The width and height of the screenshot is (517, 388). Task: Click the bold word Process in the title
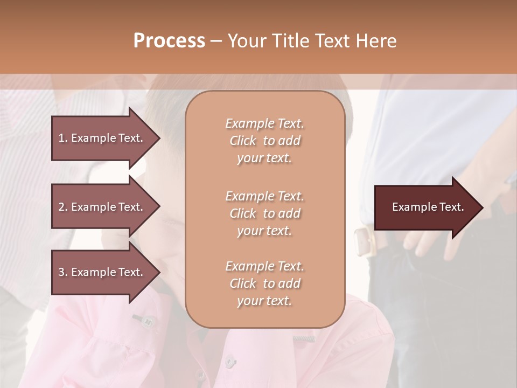pyautogui.click(x=169, y=41)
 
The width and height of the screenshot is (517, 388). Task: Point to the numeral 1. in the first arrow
pyautogui.click(x=63, y=138)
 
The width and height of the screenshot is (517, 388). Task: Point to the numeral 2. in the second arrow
pyautogui.click(x=63, y=207)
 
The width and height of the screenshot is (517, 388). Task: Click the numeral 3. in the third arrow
pyautogui.click(x=63, y=272)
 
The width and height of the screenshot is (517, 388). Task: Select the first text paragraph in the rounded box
pyautogui.click(x=264, y=141)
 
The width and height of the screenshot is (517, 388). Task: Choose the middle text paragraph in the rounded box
pyautogui.click(x=264, y=213)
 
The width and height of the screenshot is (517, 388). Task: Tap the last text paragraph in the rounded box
pyautogui.click(x=264, y=283)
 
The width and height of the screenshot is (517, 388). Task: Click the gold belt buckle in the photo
pyautogui.click(x=364, y=241)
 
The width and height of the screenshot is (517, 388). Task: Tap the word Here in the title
pyautogui.click(x=376, y=41)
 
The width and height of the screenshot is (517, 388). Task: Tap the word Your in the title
pyautogui.click(x=247, y=41)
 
